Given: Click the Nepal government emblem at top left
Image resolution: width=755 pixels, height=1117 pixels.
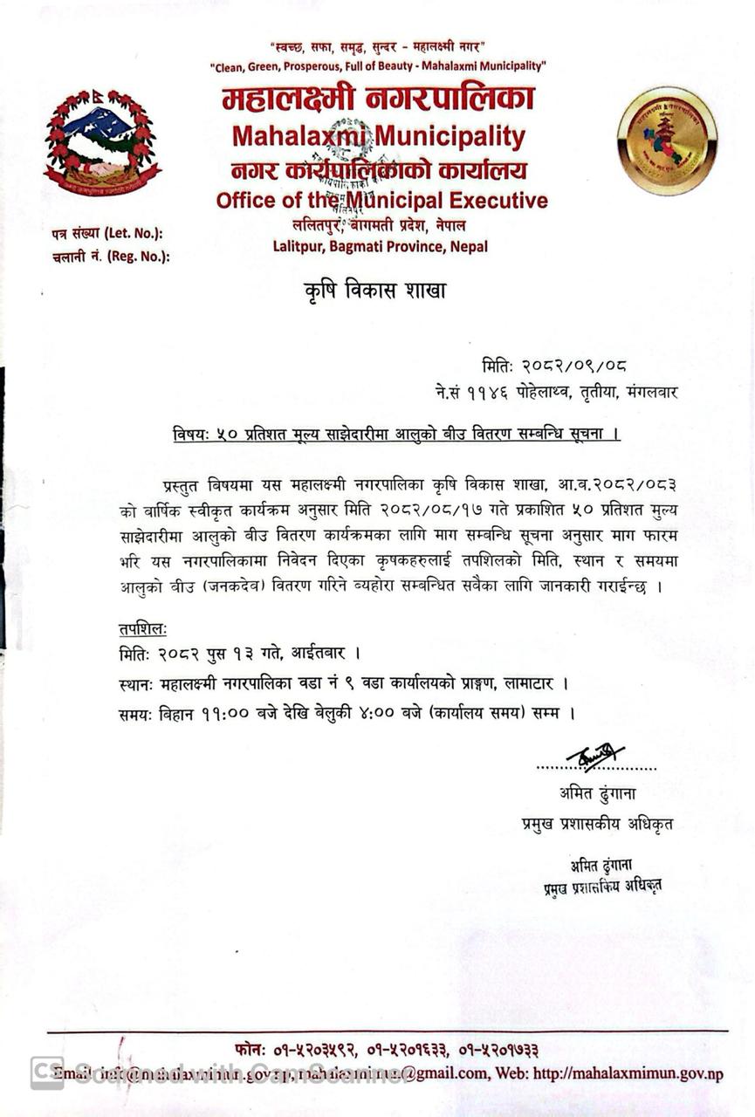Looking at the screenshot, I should (102, 141).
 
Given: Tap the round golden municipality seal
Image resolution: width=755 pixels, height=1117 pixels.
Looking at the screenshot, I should (667, 141).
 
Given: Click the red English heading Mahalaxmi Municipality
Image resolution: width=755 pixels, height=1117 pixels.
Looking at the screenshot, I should (378, 137).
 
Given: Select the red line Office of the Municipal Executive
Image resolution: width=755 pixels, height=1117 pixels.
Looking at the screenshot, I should (382, 201).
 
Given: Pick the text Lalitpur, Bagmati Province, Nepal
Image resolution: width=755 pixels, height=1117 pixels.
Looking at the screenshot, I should (381, 246).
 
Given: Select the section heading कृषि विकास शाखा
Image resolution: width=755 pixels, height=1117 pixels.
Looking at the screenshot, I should (369, 291).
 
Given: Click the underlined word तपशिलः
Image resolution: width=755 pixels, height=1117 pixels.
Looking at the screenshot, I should (143, 629).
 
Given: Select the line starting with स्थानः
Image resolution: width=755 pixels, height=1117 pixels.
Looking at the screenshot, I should (347, 682).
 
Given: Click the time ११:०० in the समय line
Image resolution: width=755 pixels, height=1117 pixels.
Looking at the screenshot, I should (216, 713).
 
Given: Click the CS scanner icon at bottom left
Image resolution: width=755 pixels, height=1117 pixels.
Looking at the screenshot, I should (46, 1072).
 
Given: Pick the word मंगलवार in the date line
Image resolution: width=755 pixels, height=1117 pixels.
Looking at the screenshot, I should (651, 393).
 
